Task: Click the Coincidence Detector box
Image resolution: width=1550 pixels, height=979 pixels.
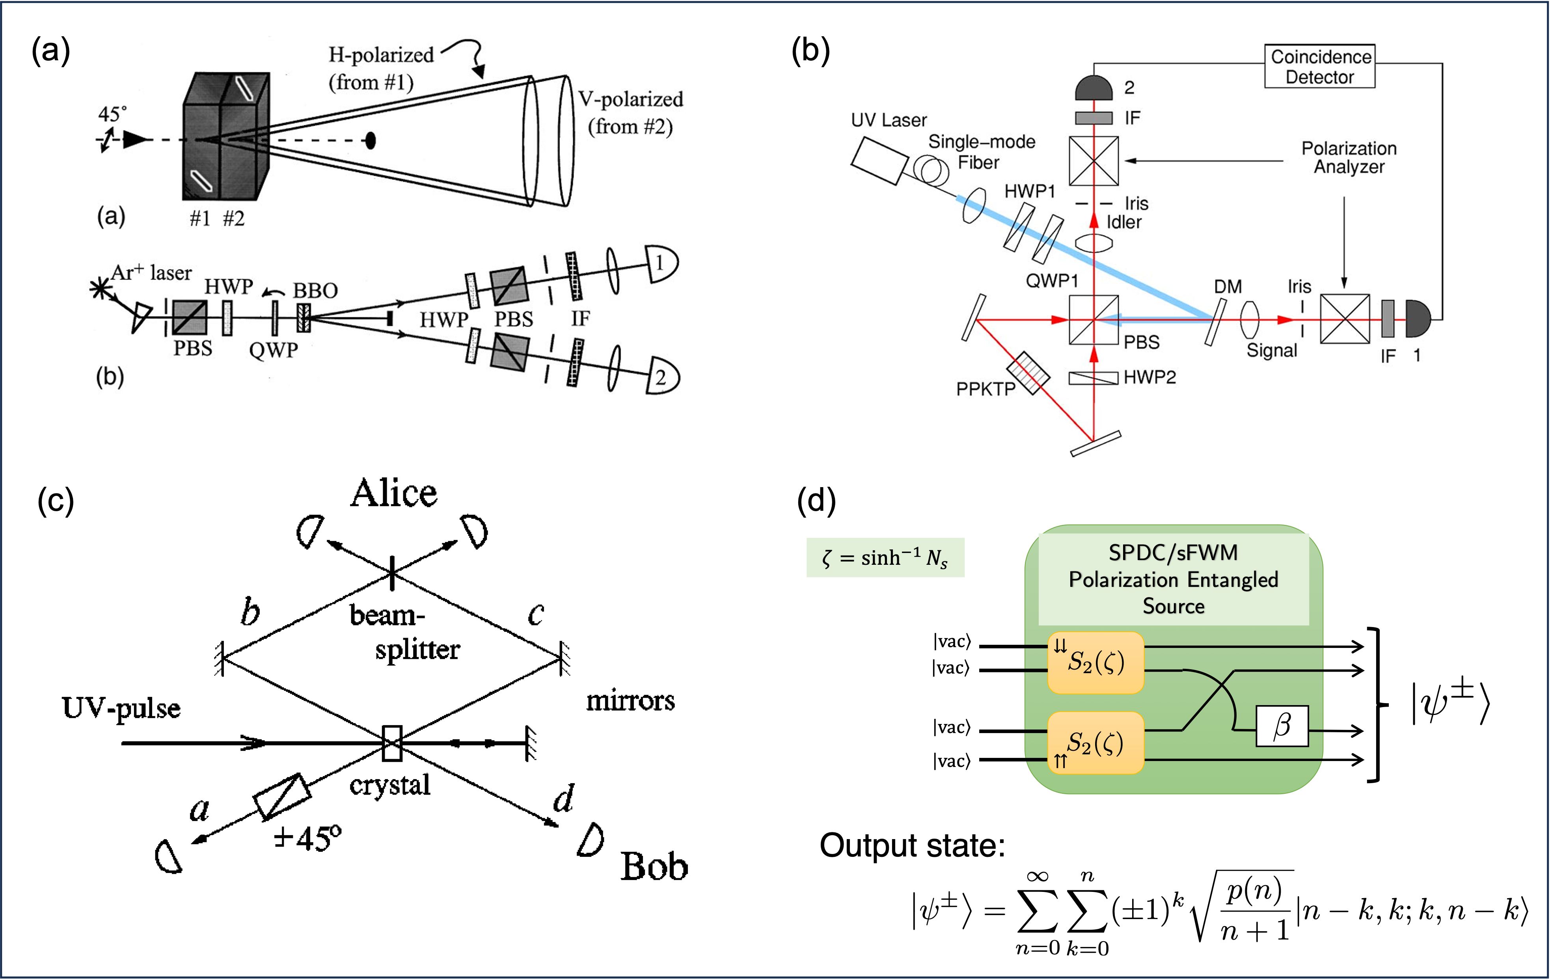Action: coord(1319,66)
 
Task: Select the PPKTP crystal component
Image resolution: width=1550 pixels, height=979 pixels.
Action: coord(1028,372)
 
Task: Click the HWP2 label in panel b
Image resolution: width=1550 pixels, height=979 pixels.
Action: coord(1149,377)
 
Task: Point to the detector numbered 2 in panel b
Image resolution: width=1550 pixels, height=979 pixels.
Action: coord(1094,88)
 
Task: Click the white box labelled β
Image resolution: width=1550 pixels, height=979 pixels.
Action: coord(1282,726)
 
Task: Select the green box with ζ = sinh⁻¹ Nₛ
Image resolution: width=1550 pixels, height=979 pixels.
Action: coord(885,557)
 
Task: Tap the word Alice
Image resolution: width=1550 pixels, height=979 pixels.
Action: coord(393,494)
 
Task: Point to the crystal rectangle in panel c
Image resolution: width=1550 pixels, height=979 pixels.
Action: coord(391,743)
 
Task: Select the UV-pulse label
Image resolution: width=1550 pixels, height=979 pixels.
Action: coord(121,708)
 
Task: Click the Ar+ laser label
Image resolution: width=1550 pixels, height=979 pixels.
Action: coord(152,272)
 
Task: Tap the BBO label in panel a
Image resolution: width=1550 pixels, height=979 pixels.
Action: coord(315,290)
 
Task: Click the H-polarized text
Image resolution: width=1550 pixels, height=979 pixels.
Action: coord(381,55)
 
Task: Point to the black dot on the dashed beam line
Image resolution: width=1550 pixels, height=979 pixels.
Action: coord(370,140)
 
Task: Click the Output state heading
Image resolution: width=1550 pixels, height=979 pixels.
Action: coord(912,845)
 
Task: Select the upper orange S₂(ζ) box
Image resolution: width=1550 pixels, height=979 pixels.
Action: coord(1095,662)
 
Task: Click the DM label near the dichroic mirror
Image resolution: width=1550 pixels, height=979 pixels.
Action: coord(1228,287)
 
